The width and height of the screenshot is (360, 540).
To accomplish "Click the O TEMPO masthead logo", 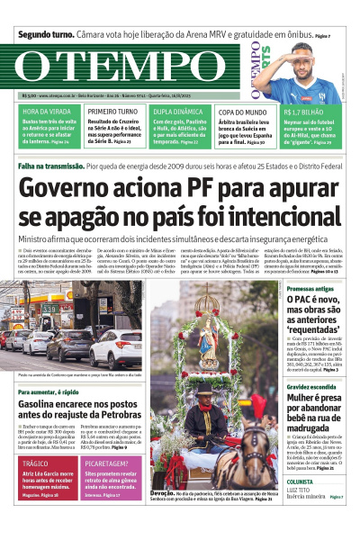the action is point(126,68).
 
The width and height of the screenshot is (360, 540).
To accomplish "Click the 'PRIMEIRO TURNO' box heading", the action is point(112,112).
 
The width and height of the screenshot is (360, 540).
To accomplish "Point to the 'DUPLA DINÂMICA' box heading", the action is point(178,112).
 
